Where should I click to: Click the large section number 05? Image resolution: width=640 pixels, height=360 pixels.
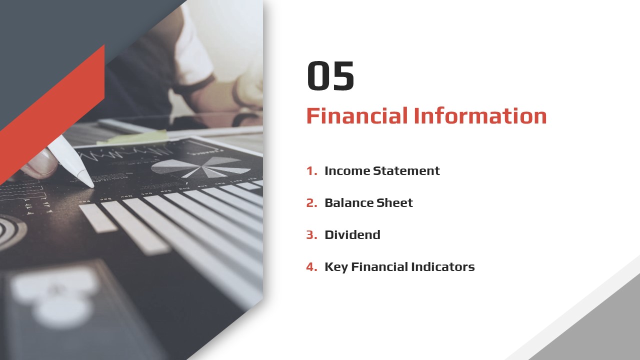(330, 75)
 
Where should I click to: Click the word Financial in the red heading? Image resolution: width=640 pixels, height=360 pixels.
(357, 115)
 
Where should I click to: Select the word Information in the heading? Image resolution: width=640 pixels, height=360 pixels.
(480, 115)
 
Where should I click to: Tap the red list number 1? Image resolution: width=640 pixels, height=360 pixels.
(311, 171)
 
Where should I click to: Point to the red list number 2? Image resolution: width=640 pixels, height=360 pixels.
(311, 203)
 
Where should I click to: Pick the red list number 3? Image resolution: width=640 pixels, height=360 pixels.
(311, 235)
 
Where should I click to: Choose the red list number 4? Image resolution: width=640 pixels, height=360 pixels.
(311, 267)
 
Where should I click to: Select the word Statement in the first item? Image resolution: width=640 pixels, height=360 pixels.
(406, 171)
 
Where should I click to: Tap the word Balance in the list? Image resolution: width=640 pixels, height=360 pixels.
(349, 203)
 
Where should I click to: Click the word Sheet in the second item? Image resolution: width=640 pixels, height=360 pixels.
(394, 203)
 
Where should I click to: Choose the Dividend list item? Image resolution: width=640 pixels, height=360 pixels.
(352, 235)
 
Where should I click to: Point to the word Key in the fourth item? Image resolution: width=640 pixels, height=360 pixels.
(336, 267)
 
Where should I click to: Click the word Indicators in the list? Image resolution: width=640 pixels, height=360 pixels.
(443, 267)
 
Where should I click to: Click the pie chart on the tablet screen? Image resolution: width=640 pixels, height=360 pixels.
(200, 167)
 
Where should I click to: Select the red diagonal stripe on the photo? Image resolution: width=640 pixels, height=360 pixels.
(52, 114)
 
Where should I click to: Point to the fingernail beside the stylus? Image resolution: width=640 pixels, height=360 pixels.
(43, 159)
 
